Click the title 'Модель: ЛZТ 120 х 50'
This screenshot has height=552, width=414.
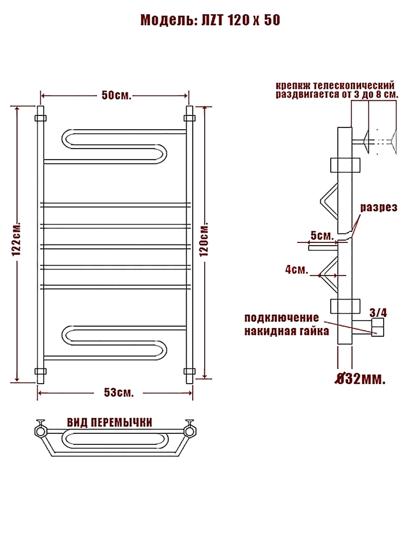tap(210, 20)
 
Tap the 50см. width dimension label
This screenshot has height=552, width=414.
tap(116, 95)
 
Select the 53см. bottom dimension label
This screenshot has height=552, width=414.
tap(119, 392)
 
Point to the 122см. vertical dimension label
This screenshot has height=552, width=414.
tap(17, 239)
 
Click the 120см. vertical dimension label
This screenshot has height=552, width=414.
tap(205, 240)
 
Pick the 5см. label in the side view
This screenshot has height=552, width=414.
tap(322, 236)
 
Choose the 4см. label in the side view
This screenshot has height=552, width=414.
tap(296, 270)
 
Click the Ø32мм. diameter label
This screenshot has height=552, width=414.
tap(360, 380)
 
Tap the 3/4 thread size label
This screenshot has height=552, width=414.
tap(378, 312)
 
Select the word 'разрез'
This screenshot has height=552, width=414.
tap(379, 207)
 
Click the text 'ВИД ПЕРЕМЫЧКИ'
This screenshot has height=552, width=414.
tap(109, 422)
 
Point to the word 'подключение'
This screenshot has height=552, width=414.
tap(282, 318)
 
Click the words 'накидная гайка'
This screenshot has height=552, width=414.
tap(286, 331)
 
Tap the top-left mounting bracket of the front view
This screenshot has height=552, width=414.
tap(40, 118)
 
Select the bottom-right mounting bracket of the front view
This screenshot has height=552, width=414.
tap(189, 371)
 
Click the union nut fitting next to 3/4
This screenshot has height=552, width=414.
tap(378, 327)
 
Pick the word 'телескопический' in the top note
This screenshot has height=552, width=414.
tap(353, 86)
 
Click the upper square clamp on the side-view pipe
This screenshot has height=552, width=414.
tap(346, 166)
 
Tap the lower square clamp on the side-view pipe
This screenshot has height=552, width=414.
tap(346, 306)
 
